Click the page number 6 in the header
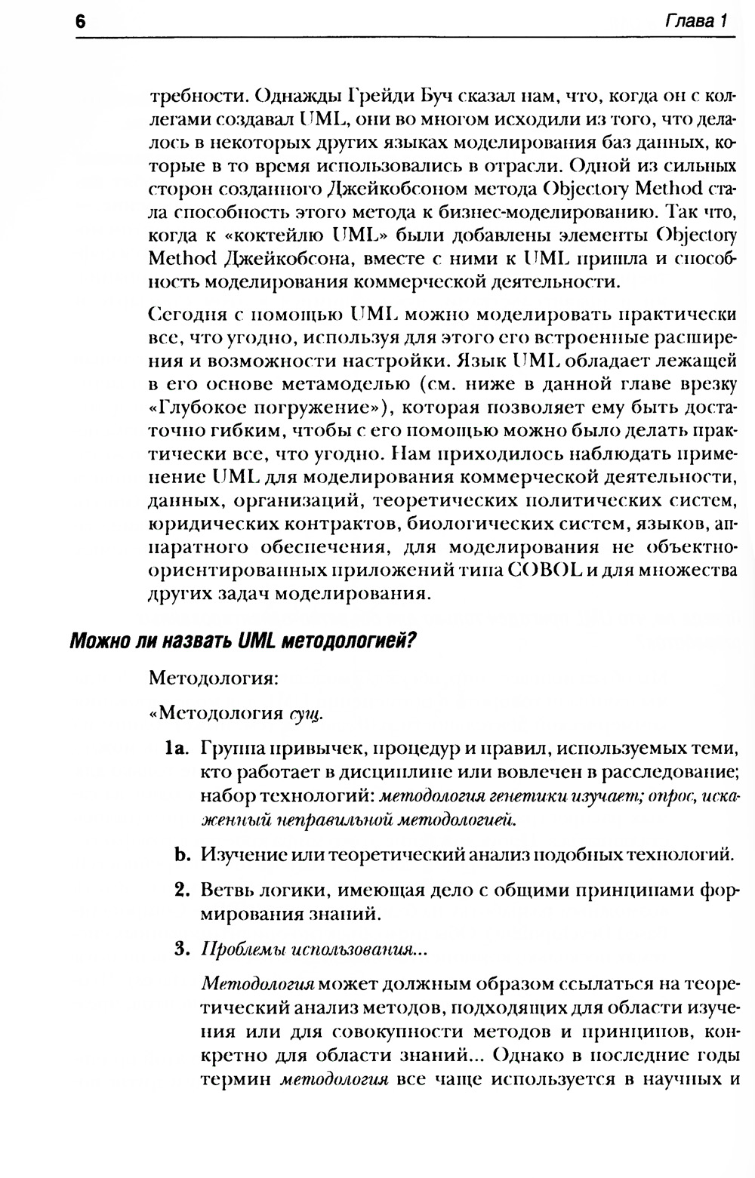tap(81, 22)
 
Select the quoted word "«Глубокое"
tap(197, 408)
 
